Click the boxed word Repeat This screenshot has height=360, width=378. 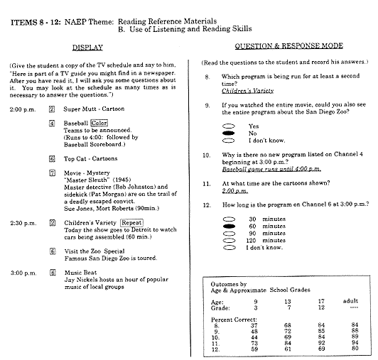[132, 222]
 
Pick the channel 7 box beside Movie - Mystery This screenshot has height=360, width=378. [52, 172]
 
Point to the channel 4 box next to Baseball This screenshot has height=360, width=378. [52, 122]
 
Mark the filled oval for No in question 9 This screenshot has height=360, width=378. [229, 133]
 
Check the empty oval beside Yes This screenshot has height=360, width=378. [229, 125]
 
